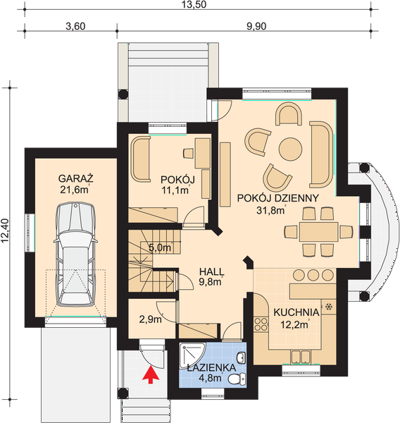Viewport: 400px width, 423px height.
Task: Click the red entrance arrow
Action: click(151, 376)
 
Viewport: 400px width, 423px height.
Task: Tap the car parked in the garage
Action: click(76, 255)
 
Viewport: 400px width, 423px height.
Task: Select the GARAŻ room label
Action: click(76, 178)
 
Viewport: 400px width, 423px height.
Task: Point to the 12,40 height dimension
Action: click(6, 231)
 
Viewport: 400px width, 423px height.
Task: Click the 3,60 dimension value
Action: click(75, 27)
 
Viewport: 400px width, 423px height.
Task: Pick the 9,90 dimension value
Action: click(256, 27)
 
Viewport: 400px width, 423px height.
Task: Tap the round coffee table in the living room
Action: click(290, 149)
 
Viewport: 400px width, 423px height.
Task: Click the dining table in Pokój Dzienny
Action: click(318, 232)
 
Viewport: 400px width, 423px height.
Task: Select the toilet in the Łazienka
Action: click(237, 379)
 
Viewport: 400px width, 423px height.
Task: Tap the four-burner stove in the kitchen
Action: click(261, 324)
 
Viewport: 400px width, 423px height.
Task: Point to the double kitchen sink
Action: click(301, 357)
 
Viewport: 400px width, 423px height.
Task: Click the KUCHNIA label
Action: click(296, 312)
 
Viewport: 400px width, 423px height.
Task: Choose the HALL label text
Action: click(211, 271)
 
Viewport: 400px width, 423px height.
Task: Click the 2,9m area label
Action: click(151, 319)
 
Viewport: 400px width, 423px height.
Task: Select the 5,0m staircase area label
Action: click(161, 247)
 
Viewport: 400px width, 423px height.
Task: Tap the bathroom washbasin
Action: click(242, 358)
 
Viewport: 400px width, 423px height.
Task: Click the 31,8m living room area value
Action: click(271, 210)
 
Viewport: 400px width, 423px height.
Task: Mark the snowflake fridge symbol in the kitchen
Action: click(329, 307)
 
